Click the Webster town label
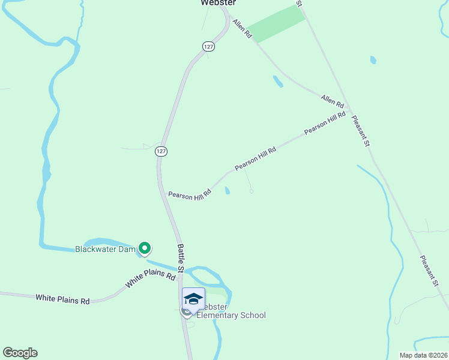pyautogui.click(x=217, y=3)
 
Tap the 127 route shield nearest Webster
pyautogui.click(x=208, y=47)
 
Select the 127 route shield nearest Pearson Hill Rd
pyautogui.click(x=161, y=151)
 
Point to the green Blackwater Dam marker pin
pyautogui.click(x=144, y=247)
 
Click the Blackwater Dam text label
pyautogui.click(x=106, y=249)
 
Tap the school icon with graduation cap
pyautogui.click(x=193, y=299)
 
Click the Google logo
pyautogui.click(x=20, y=353)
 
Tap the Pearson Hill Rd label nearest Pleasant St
pyautogui.click(x=325, y=123)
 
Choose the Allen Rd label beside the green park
pyautogui.click(x=241, y=29)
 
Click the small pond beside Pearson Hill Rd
pyautogui.click(x=227, y=191)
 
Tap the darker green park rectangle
pyautogui.click(x=276, y=25)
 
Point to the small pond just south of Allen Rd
pyautogui.click(x=277, y=81)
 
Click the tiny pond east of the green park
pyautogui.click(x=373, y=60)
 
